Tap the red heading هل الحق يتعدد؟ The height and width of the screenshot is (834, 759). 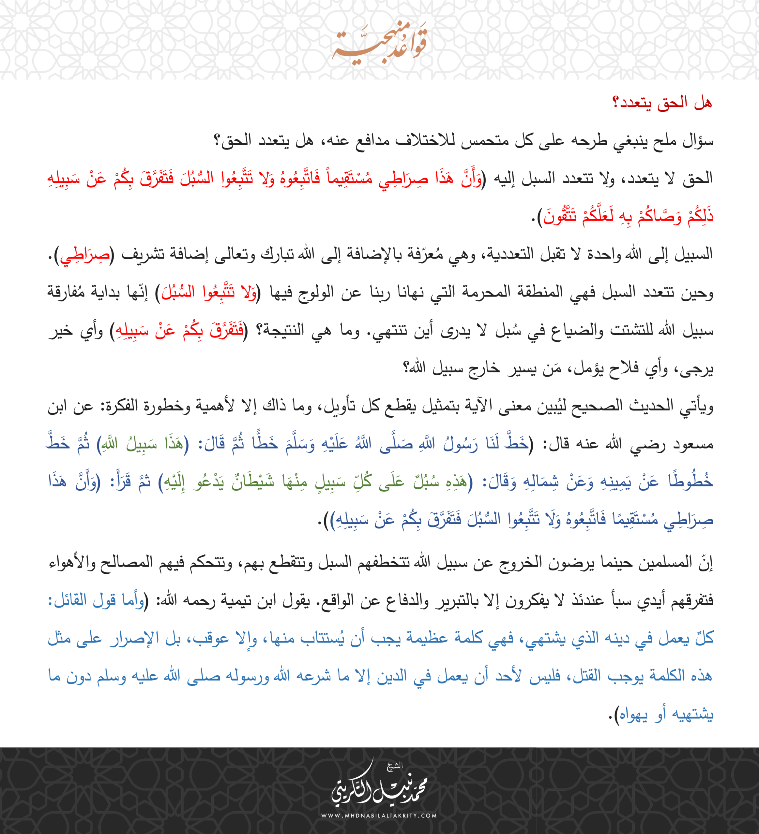point(662,103)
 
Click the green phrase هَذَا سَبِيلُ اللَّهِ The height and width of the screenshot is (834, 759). point(143,444)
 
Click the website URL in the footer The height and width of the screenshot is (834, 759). point(379,816)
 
